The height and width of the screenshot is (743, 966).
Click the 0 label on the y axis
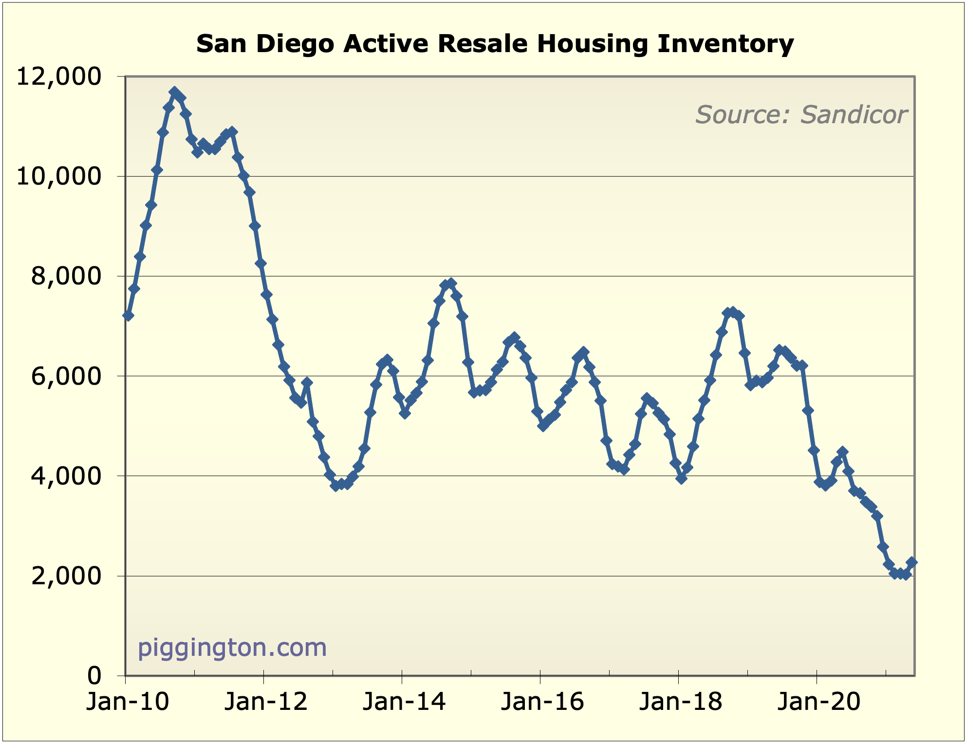[x=94, y=676]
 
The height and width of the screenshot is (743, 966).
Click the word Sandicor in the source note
[x=854, y=115]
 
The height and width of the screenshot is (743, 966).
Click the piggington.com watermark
[x=232, y=648]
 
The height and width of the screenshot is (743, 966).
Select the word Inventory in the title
[x=725, y=44]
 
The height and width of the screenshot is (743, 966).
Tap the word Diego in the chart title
[x=295, y=44]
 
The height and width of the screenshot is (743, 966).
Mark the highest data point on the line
[x=174, y=92]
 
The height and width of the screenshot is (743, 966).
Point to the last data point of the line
[x=912, y=562]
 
